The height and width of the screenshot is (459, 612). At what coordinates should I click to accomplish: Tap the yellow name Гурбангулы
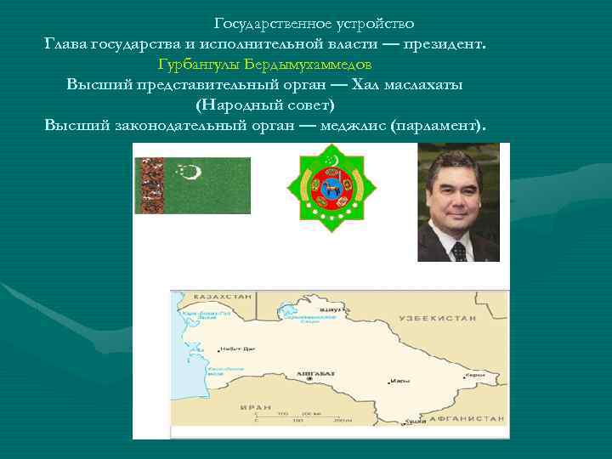pos(199,64)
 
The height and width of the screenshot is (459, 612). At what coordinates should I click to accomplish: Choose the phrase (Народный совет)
pos(265,105)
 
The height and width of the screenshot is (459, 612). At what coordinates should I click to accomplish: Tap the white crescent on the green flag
pos(193,173)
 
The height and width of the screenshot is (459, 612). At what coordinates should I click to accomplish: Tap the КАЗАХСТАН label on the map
pos(223,297)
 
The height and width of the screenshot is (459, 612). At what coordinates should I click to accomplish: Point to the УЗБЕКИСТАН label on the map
pos(445,316)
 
